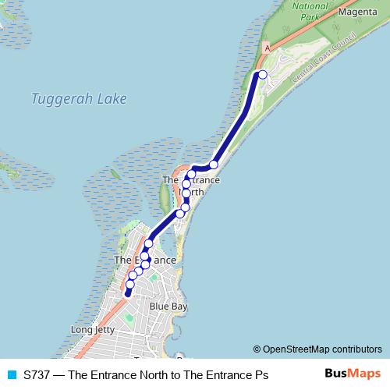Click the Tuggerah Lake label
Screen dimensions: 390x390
pyautogui.click(x=79, y=99)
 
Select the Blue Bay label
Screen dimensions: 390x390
pyautogui.click(x=168, y=307)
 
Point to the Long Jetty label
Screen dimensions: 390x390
pyautogui.click(x=94, y=330)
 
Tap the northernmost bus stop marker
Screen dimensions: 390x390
pyautogui.click(x=262, y=74)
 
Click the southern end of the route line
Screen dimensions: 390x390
pyautogui.click(x=127, y=295)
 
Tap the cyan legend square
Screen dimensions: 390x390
pyautogui.click(x=11, y=375)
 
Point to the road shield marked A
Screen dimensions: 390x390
pyautogui.click(x=268, y=48)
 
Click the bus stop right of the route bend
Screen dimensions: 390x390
pyautogui.click(x=213, y=165)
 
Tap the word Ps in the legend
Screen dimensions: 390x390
pyautogui.click(x=261, y=375)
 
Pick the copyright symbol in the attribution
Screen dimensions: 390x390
pyautogui.click(x=257, y=349)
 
